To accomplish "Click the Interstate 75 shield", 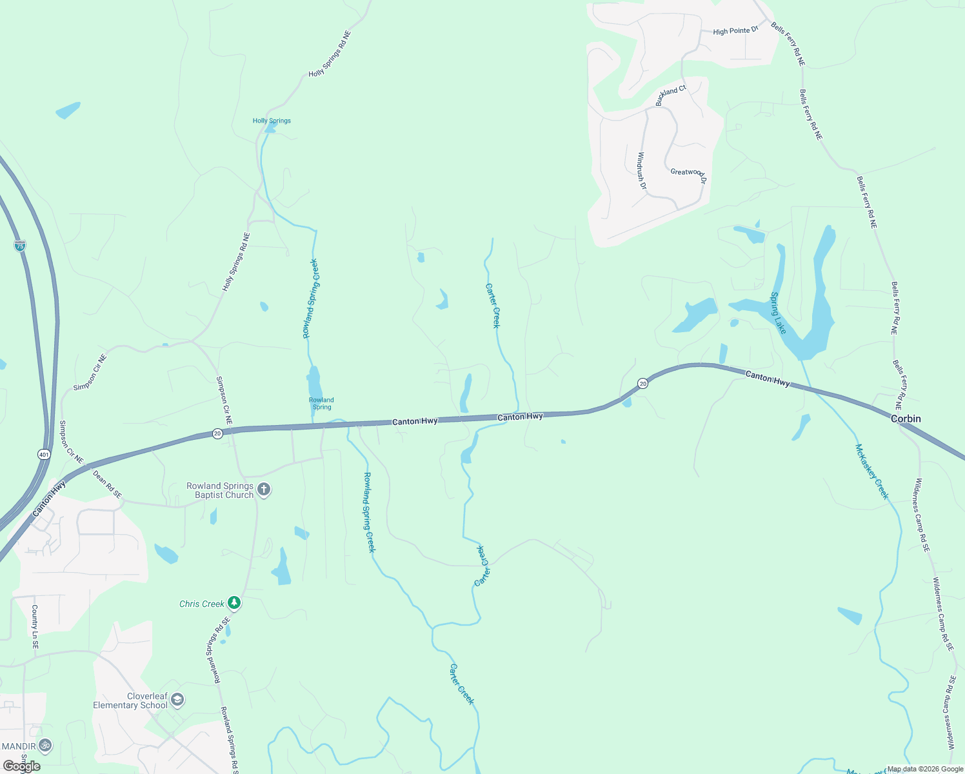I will point(20,246).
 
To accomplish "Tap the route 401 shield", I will point(43,455).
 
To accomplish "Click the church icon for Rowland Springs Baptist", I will point(263,490).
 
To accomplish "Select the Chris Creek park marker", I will point(234,603).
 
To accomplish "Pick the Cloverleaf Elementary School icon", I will point(177,700).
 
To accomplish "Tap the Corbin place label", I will point(906,419).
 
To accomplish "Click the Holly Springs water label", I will point(272,121).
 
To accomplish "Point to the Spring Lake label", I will point(779,313).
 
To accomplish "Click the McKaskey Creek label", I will point(872,471).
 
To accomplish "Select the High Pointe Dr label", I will point(735,30).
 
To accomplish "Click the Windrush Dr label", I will point(641,170).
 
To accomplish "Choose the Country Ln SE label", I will point(35,626).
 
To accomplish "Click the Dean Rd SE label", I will point(107,484).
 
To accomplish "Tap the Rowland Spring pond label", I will point(321,403).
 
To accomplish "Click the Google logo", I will point(22,766).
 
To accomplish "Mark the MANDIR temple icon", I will point(45,746).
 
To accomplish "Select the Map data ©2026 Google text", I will point(925,769).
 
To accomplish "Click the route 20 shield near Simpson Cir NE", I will point(217,433).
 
